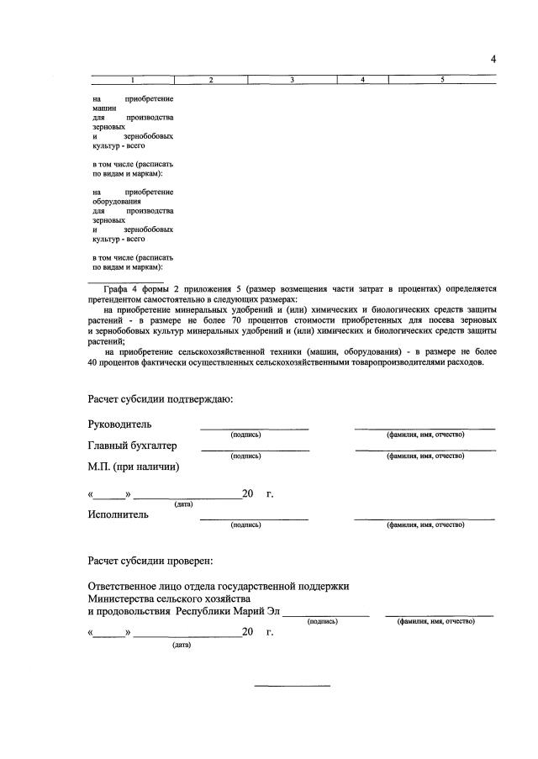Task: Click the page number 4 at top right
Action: (x=493, y=58)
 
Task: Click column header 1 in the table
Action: (x=131, y=80)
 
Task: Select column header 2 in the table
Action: (x=211, y=80)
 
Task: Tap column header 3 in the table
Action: (x=291, y=80)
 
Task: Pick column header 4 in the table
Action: (x=361, y=80)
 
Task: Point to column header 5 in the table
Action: (x=442, y=80)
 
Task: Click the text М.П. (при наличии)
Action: (x=134, y=466)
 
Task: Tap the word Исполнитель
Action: (x=119, y=514)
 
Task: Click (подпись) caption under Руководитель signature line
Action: (x=245, y=435)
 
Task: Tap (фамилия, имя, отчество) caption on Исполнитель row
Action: (x=425, y=524)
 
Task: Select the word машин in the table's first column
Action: (x=104, y=108)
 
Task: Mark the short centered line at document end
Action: (x=293, y=686)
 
